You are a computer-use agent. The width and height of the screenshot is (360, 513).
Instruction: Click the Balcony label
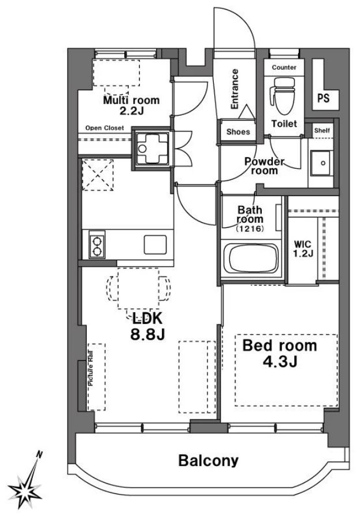(208, 461)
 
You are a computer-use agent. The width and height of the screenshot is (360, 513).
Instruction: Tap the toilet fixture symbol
(282, 95)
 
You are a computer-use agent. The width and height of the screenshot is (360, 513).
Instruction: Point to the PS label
(324, 98)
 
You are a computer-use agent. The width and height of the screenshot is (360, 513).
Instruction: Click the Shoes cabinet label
(238, 132)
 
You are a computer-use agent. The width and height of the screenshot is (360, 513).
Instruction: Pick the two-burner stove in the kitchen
(97, 246)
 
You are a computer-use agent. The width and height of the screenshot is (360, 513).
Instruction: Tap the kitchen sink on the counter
(155, 245)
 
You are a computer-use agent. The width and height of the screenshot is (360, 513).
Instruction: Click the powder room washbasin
(321, 163)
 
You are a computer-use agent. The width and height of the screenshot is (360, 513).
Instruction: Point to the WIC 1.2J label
(303, 249)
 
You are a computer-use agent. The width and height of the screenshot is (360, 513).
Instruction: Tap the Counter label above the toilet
(284, 68)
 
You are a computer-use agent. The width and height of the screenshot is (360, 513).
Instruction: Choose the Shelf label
(322, 131)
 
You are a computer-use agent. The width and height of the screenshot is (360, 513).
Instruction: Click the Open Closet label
(105, 128)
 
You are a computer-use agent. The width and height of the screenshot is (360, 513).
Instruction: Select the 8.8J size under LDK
(147, 334)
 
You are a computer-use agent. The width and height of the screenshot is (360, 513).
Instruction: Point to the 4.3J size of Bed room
(280, 361)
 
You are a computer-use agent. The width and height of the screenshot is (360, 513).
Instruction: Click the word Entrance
(235, 88)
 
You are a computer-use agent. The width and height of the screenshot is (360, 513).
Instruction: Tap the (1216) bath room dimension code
(250, 228)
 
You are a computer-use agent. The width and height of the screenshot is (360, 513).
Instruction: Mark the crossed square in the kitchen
(98, 175)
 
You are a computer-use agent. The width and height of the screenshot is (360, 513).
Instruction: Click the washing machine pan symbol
(152, 148)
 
